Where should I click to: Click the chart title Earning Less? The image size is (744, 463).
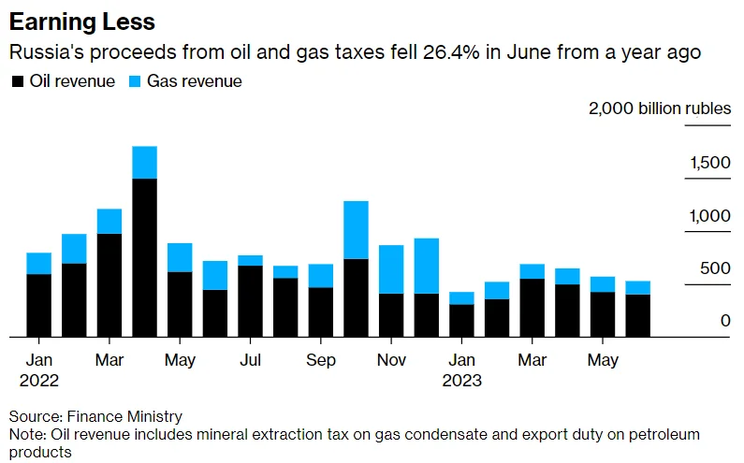tap(82, 22)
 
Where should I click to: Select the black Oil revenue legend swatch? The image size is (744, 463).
tap(18, 81)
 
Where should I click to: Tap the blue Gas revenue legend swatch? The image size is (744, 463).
tap(135, 81)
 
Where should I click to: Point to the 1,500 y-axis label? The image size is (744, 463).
tap(709, 163)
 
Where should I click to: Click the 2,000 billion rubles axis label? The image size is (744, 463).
tap(660, 109)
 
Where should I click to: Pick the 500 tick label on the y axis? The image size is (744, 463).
tap(715, 268)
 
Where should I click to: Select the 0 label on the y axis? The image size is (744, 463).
tap(725, 321)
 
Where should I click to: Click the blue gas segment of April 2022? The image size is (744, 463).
tap(145, 162)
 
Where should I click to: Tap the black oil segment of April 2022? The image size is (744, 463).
tap(145, 257)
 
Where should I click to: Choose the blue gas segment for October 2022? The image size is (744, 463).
tap(356, 230)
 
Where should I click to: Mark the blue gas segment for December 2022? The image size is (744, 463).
tap(427, 266)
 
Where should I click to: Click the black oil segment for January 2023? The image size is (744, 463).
tap(461, 321)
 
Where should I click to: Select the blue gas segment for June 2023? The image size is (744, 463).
tap(637, 287)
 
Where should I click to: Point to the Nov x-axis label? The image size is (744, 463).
tap(391, 360)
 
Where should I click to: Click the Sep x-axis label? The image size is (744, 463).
tap(321, 360)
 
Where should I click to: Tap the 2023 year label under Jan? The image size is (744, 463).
tap(461, 381)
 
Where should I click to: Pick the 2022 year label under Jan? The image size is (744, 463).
tap(39, 381)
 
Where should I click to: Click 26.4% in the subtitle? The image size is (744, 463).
tap(451, 51)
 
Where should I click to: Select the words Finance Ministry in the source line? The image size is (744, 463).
tap(124, 416)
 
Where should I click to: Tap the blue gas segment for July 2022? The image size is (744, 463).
tap(251, 260)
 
